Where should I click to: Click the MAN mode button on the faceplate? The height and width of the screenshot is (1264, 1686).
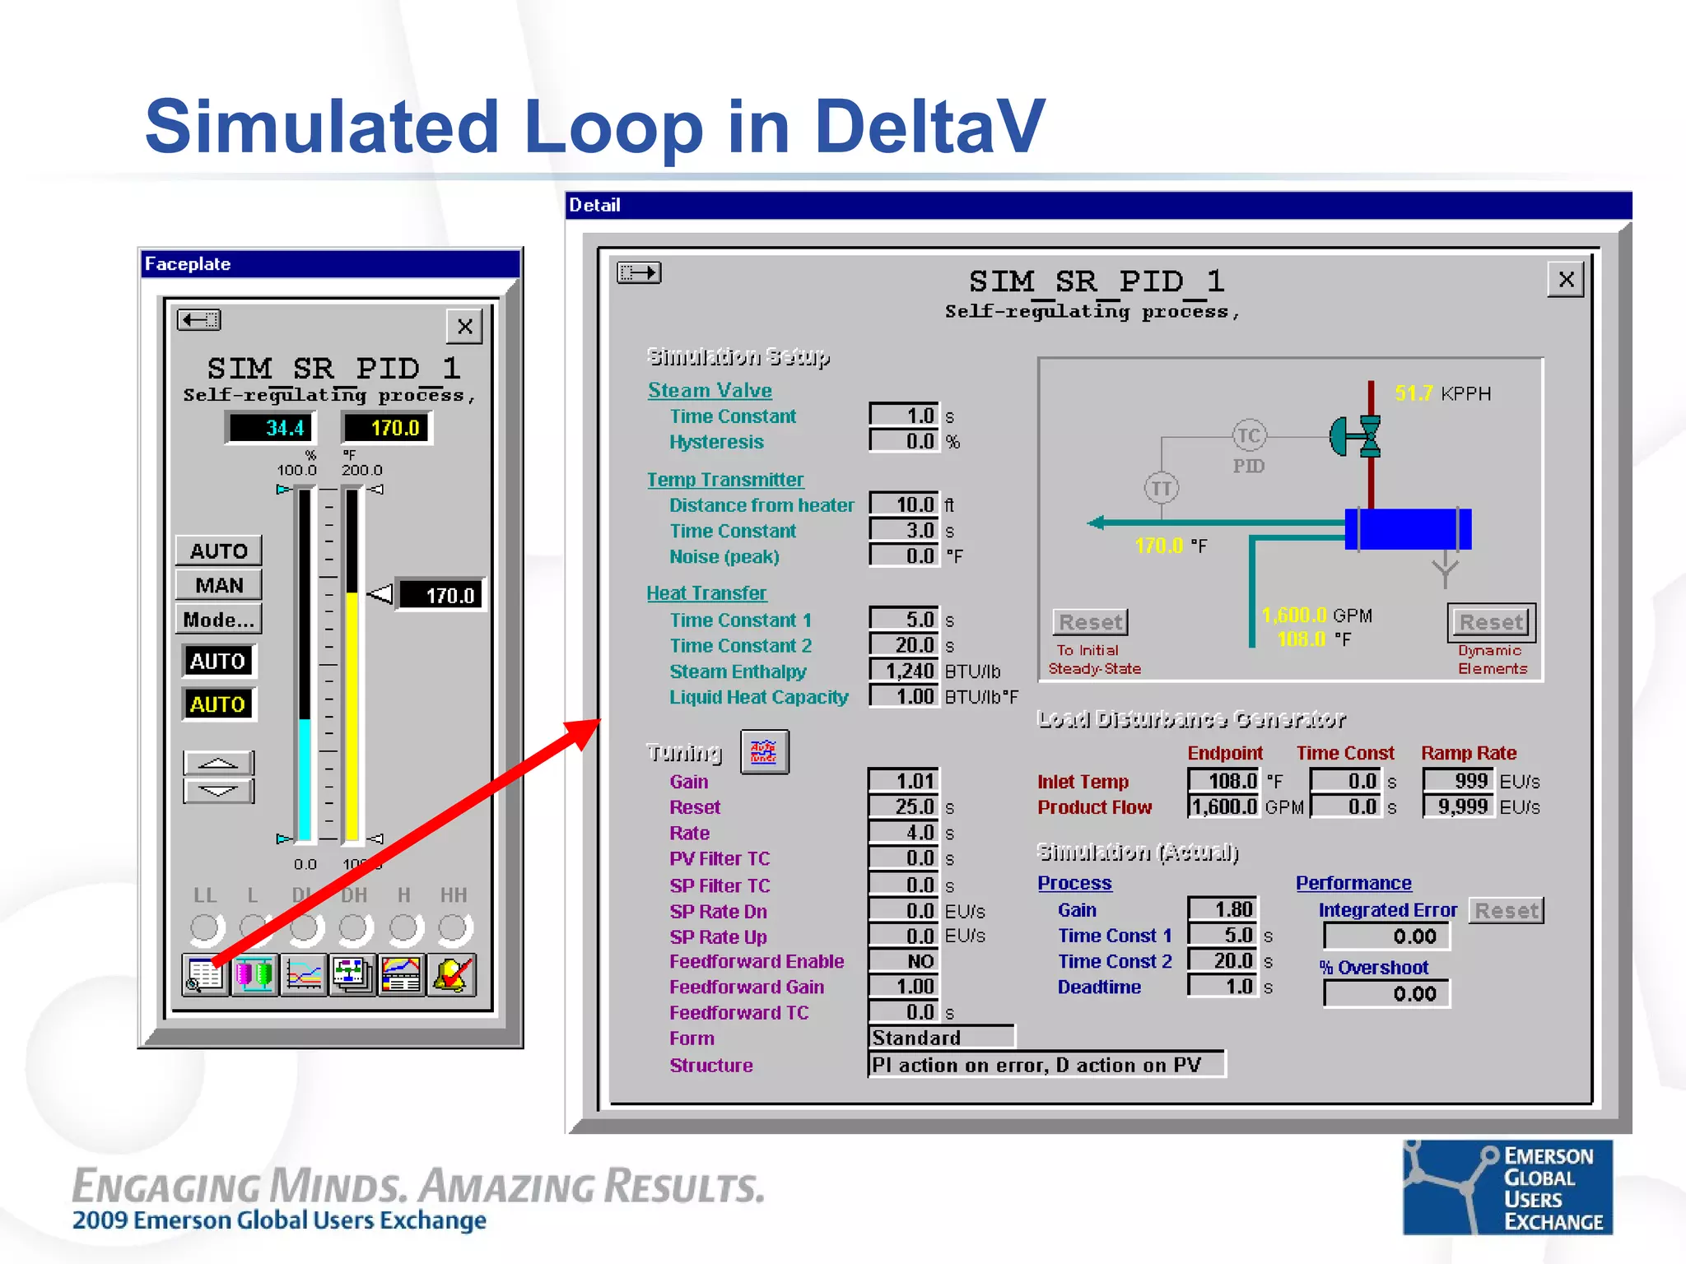coord(219,585)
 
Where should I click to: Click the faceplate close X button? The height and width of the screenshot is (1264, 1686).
coord(464,327)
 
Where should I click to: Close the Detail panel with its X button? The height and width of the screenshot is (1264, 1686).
coord(1566,280)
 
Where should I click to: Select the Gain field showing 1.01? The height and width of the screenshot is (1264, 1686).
coord(904,780)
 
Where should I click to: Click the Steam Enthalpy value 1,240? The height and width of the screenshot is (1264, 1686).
coord(904,671)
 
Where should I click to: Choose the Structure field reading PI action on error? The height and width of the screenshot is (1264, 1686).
coord(1046,1065)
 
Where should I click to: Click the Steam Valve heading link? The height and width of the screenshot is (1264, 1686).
coord(710,390)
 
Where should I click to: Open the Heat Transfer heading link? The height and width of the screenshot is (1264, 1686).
coord(706,593)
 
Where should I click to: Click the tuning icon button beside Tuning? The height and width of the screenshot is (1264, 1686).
coord(764,752)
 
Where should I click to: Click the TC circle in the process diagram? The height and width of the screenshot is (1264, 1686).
coord(1248,436)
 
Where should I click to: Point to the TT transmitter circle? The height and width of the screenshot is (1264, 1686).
coord(1161,489)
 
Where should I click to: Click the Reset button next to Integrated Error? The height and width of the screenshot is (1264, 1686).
coord(1506,910)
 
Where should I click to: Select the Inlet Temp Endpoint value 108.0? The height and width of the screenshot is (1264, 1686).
coord(1223,780)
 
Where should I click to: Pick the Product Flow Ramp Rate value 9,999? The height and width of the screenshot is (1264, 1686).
coord(1457,806)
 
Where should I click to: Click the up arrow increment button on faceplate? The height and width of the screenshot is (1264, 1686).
coord(218,763)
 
